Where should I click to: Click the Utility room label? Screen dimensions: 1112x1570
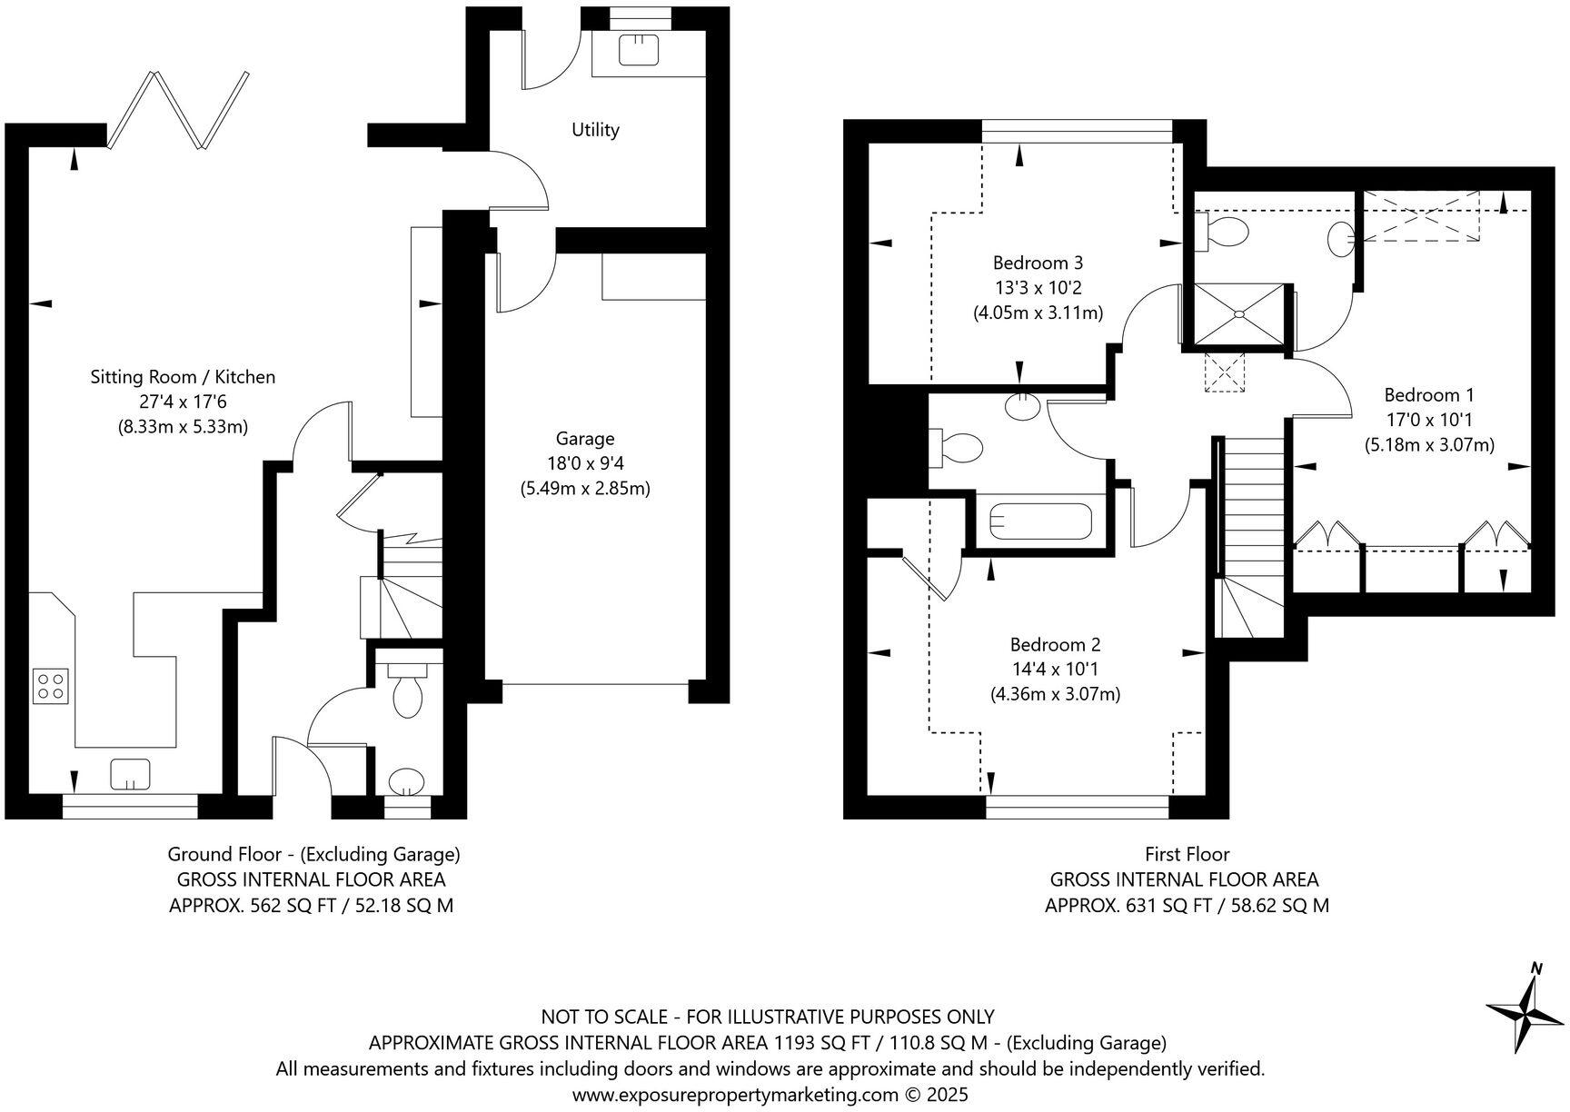(x=595, y=130)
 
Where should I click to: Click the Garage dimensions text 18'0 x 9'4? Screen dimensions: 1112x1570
(x=584, y=463)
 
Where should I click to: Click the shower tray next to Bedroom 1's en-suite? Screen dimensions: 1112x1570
(x=1237, y=314)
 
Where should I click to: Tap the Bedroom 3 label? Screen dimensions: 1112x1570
(x=1038, y=263)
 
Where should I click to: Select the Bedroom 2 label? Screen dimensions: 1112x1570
(x=1055, y=645)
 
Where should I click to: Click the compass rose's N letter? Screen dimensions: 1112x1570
(x=1535, y=968)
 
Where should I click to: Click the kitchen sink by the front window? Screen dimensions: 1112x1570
(x=130, y=774)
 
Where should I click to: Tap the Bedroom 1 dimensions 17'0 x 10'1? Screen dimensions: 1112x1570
(x=1429, y=420)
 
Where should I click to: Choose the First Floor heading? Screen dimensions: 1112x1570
(x=1187, y=854)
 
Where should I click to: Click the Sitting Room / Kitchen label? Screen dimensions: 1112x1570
(x=183, y=377)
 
